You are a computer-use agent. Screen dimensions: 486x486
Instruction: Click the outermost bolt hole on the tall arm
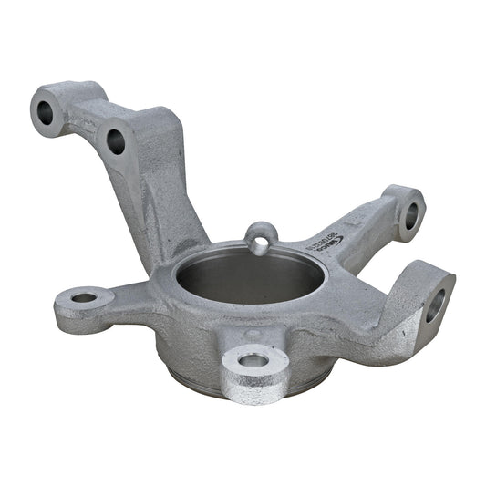point(45,113)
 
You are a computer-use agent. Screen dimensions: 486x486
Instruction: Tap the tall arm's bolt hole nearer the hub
point(116,141)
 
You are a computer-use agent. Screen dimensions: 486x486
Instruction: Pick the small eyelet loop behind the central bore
point(262,238)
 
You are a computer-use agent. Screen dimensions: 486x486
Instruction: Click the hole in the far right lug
point(435,305)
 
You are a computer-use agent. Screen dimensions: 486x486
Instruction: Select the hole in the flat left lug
point(84,297)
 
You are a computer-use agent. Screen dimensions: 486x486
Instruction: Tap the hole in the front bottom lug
point(254,360)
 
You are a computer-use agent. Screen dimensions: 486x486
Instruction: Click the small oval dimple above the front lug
point(252,335)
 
